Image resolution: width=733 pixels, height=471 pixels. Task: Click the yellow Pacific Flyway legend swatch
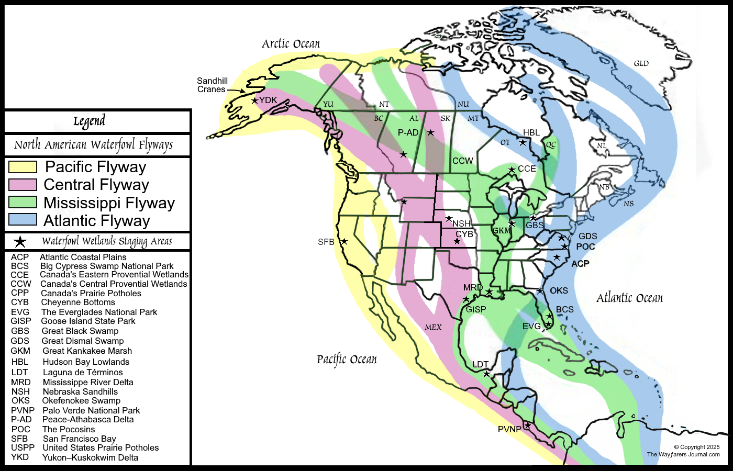coord(23,167)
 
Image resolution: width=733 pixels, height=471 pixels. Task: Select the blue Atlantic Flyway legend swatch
coord(23,220)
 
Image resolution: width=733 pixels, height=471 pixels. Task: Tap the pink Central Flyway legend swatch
coord(23,185)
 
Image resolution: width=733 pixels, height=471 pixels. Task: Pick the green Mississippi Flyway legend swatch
coord(23,202)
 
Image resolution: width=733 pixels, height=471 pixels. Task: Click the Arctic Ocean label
coord(291,44)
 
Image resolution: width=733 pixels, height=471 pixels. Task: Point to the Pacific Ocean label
coord(347,360)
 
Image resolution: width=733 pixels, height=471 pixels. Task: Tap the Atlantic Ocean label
coord(629,298)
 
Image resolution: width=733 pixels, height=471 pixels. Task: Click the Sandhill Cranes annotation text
coord(212,85)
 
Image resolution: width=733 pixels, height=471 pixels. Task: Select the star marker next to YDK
coord(255,100)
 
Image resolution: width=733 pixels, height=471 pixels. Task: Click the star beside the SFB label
coord(344,242)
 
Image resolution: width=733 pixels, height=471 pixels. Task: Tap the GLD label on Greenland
coord(641,64)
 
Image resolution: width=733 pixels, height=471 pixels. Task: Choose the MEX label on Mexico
coord(433,327)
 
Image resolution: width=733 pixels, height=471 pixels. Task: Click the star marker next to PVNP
coord(528,425)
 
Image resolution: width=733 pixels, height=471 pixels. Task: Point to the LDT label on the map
coord(480,364)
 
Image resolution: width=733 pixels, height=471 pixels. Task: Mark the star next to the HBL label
coord(523,142)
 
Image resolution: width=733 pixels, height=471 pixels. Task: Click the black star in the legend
coord(20,241)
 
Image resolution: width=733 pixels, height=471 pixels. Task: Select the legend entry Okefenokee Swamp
coord(81,401)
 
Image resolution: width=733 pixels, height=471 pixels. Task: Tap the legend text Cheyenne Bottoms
coord(78,302)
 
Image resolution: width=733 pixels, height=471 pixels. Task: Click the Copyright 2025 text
coord(696,447)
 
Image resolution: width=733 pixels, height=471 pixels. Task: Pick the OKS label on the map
coord(559,290)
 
